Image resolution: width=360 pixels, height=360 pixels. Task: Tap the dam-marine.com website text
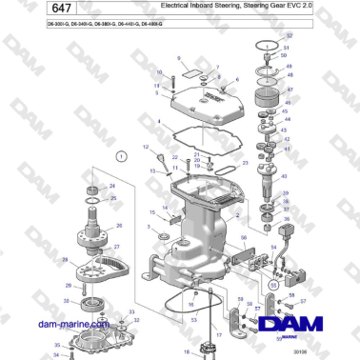pyautogui.click(x=65, y=324)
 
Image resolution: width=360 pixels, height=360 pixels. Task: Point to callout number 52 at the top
pyautogui.click(x=289, y=35)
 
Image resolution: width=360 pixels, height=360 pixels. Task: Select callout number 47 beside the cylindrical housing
pyautogui.click(x=290, y=91)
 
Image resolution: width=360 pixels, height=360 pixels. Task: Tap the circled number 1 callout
pyautogui.click(x=121, y=155)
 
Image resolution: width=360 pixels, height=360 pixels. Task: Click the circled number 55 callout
pyautogui.click(x=273, y=283)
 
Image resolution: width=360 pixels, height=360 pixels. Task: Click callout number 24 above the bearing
pyautogui.click(x=111, y=185)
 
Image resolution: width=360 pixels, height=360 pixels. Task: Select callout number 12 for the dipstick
pyautogui.click(x=146, y=148)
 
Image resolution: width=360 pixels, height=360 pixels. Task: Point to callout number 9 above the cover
pyautogui.click(x=177, y=58)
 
